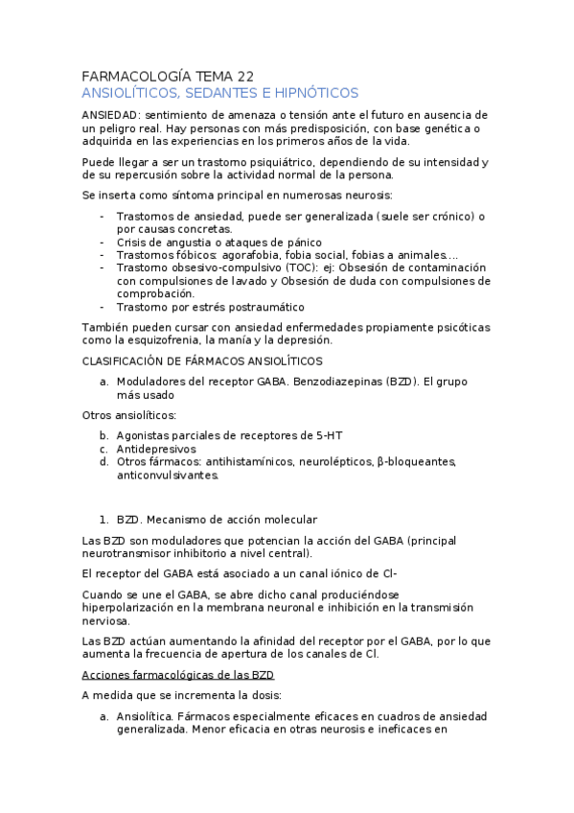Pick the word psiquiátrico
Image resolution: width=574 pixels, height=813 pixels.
pyautogui.click(x=228, y=161)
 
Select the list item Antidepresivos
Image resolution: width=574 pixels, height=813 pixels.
pyautogui.click(x=156, y=449)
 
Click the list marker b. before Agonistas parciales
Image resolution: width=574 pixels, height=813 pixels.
pyautogui.click(x=103, y=435)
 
